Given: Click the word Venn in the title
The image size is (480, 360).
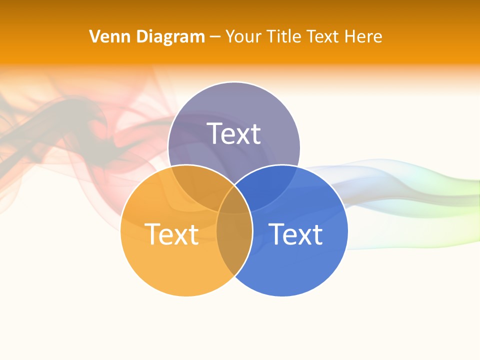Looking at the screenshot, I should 106,36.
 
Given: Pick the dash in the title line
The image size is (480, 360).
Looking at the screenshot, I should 215,37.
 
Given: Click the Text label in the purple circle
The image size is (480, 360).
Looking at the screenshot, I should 234,133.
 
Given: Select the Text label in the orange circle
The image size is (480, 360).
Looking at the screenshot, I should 171,234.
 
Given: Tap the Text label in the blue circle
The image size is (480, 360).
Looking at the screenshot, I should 295,234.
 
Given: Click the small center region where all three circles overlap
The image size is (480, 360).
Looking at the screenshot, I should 234,202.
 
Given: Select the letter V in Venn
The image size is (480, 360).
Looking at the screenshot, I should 94,36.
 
